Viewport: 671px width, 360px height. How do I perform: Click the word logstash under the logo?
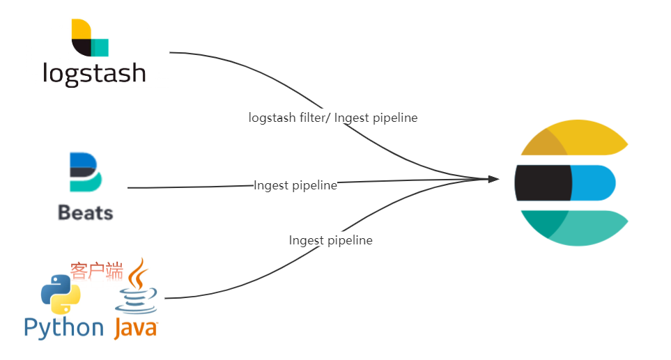pos(94,72)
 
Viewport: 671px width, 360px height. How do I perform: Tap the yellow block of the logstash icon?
pos(79,30)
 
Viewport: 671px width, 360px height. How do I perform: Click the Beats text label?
pos(86,212)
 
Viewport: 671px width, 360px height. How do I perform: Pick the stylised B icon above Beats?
pos(85,173)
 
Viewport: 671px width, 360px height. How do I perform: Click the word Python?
pos(63,327)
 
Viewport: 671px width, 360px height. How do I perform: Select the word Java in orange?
pos(136,327)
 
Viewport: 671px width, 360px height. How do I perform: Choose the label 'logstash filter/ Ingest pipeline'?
pos(333,118)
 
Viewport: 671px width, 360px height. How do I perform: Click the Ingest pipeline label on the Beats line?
pos(295,185)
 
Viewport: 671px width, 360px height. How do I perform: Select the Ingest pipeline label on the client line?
pos(331,240)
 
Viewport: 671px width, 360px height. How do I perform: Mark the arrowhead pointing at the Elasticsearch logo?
pos(494,179)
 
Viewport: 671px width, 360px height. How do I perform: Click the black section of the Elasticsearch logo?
pos(542,182)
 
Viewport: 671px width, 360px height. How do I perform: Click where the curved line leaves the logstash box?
pos(171,52)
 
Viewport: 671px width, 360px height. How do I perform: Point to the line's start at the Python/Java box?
pos(166,298)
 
